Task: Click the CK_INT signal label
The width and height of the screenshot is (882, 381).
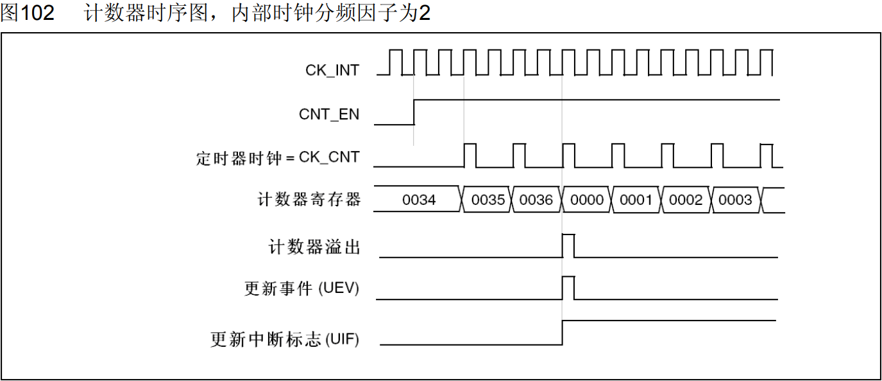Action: pyautogui.click(x=332, y=70)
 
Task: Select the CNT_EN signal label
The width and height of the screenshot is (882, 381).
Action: pyautogui.click(x=329, y=114)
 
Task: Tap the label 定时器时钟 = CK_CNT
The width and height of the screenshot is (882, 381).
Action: pyautogui.click(x=278, y=157)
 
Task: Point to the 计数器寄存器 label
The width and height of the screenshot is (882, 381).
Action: pyautogui.click(x=309, y=200)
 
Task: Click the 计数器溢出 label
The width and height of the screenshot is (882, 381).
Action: pyautogui.click(x=314, y=247)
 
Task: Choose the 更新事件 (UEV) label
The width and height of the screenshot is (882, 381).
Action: pyautogui.click(x=301, y=288)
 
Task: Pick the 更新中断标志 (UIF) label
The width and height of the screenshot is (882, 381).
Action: pyautogui.click(x=285, y=339)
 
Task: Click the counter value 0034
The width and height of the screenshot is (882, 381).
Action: pyautogui.click(x=419, y=200)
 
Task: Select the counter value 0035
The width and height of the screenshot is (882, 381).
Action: pyautogui.click(x=488, y=200)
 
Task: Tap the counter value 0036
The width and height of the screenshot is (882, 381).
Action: pyautogui.click(x=536, y=200)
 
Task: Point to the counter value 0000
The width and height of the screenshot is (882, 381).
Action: pyautogui.click(x=587, y=200)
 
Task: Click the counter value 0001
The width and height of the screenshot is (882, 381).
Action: pyautogui.click(x=636, y=200)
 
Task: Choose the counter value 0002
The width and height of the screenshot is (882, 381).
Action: pyautogui.click(x=686, y=200)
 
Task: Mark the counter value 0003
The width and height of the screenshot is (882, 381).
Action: pyautogui.click(x=735, y=200)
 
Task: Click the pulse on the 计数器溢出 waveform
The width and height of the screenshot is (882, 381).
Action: pyautogui.click(x=568, y=246)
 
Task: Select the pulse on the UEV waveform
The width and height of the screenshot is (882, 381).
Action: pyautogui.click(x=568, y=288)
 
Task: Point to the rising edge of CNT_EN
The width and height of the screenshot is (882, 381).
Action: pyautogui.click(x=414, y=112)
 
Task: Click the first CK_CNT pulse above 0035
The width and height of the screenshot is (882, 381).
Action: pyautogui.click(x=470, y=155)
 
